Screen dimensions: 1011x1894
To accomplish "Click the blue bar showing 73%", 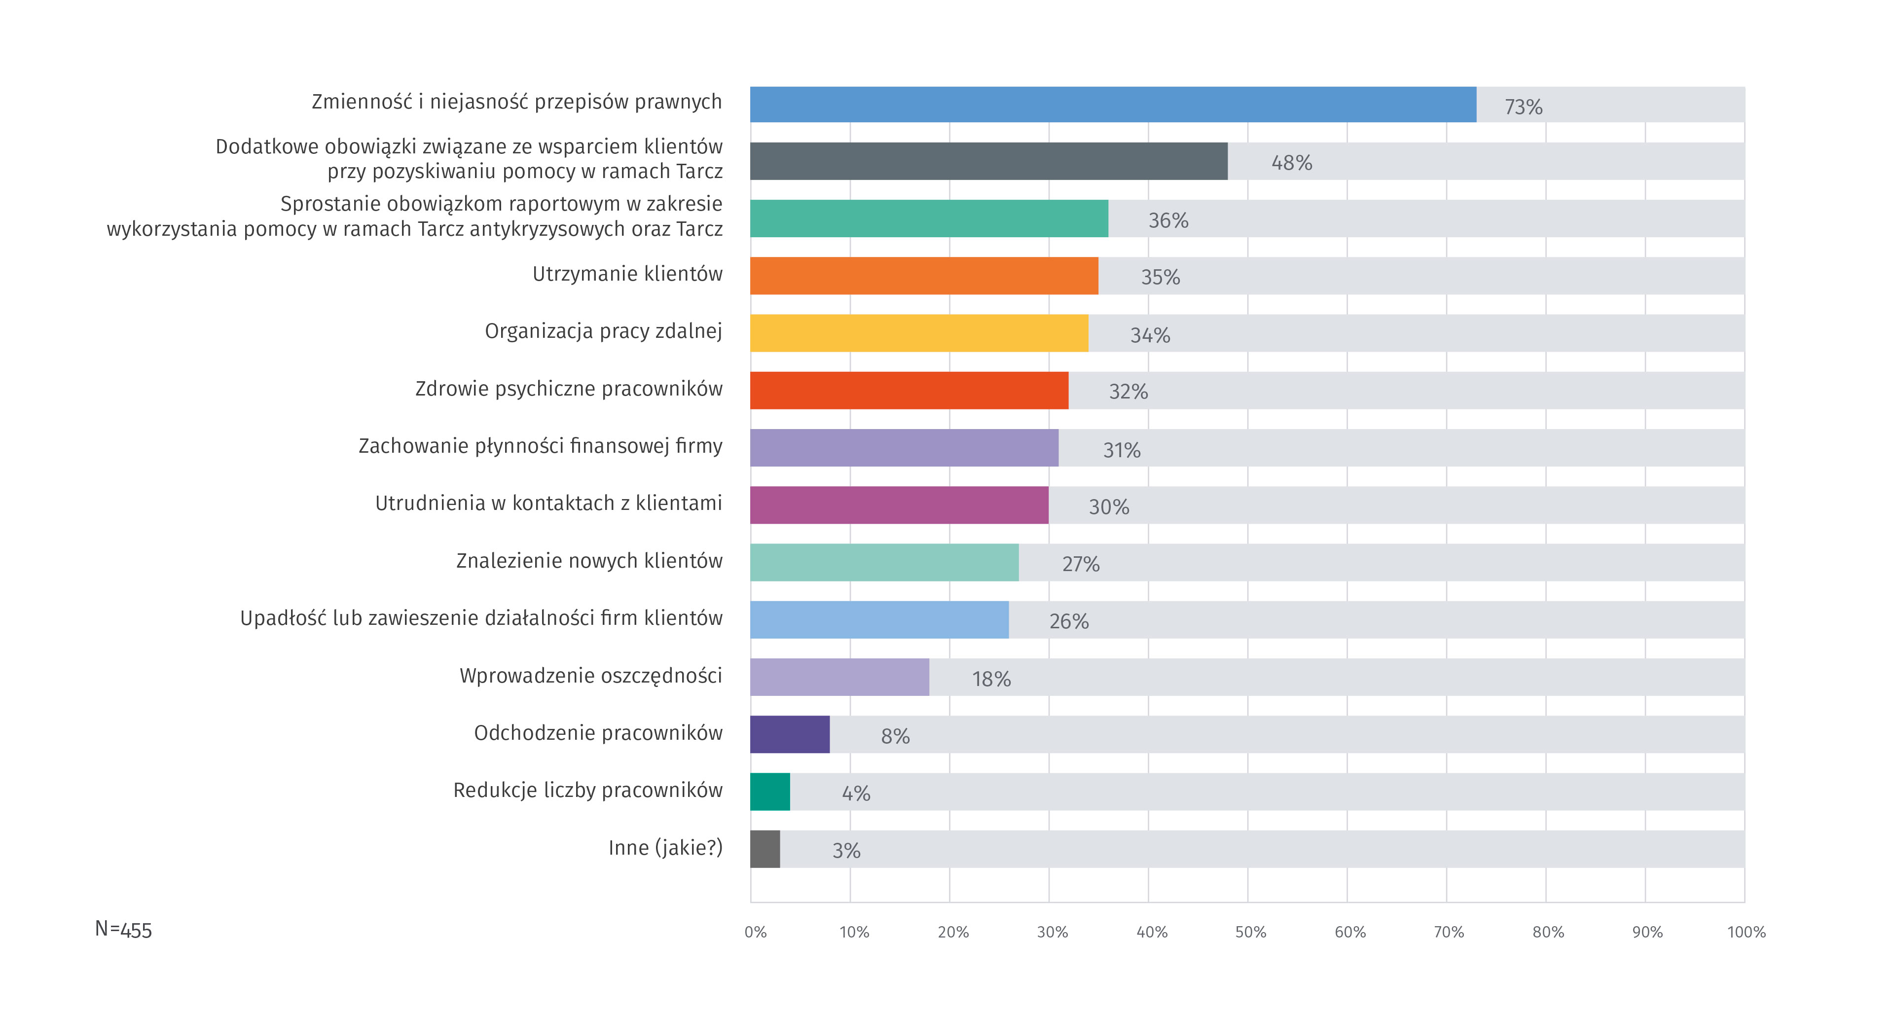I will (x=1112, y=105).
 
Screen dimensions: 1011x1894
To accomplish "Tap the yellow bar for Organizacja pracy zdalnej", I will (x=919, y=333).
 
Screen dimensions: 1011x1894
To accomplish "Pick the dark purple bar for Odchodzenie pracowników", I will (x=790, y=734).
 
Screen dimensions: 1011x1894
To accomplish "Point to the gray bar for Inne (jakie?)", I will (x=765, y=849).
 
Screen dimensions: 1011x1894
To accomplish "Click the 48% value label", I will (x=1292, y=162).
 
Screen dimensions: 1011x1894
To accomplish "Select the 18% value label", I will (x=991, y=679).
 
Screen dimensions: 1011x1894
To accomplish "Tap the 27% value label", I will (x=1081, y=564).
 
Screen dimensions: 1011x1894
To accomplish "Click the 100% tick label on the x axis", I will (x=1746, y=932).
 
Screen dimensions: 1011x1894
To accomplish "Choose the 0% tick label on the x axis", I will (x=755, y=932).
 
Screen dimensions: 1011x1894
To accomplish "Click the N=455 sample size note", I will (x=123, y=930).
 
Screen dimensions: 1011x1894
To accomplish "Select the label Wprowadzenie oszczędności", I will (x=590, y=676).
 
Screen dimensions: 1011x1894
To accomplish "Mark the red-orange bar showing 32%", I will (x=909, y=391).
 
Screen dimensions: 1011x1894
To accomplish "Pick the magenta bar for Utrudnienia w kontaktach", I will (x=899, y=505).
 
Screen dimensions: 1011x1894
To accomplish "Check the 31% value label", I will (x=1121, y=450).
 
